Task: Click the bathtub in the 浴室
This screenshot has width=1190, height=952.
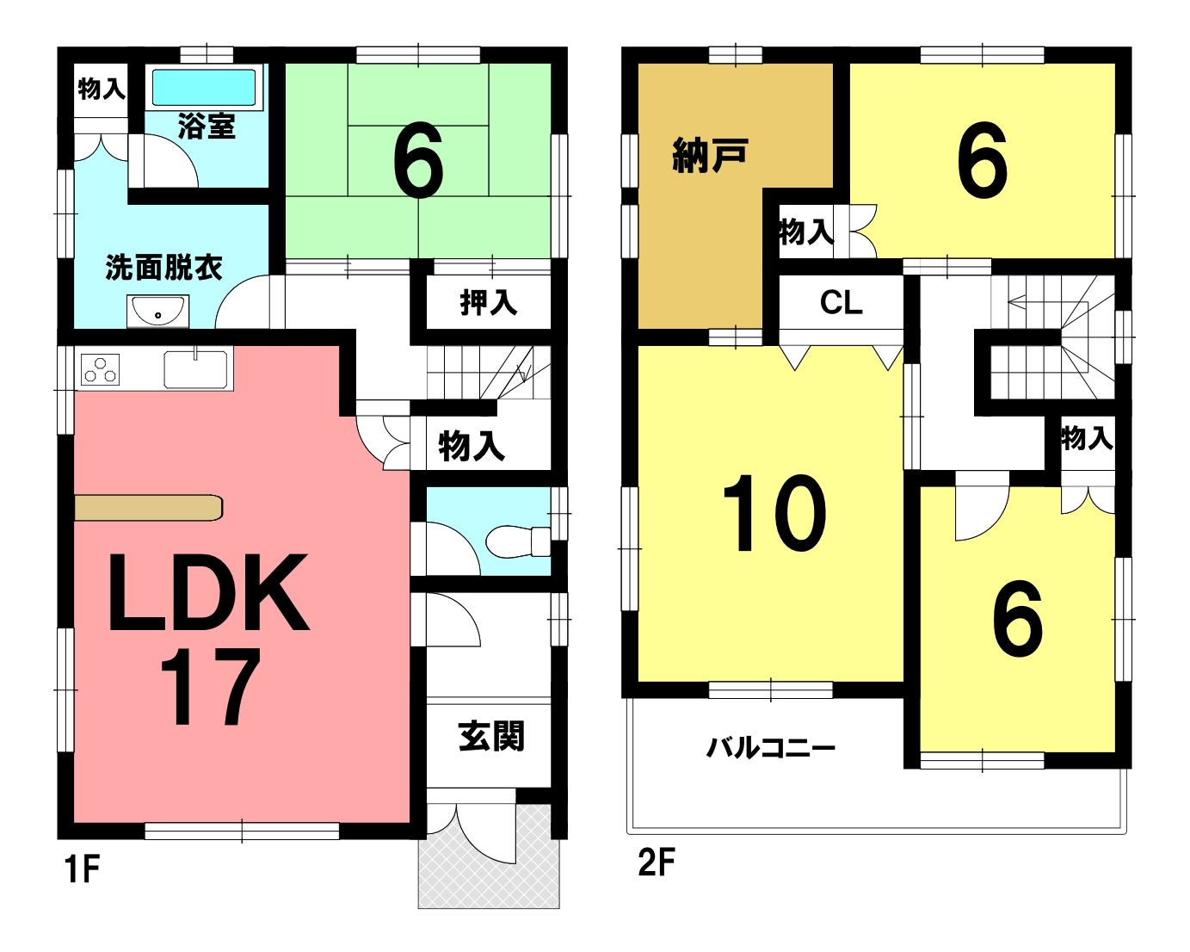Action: click(205, 88)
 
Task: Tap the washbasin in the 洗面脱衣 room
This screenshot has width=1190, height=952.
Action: click(157, 311)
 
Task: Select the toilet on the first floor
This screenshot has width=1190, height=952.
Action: click(518, 541)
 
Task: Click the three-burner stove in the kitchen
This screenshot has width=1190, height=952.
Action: click(101, 368)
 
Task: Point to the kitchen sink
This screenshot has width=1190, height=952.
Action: click(195, 369)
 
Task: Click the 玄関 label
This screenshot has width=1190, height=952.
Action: click(491, 736)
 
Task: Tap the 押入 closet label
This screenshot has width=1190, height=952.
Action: click(489, 302)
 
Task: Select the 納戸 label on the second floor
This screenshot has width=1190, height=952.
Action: click(711, 155)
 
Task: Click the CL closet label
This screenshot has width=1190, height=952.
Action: click(841, 303)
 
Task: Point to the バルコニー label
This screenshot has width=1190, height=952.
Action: click(771, 749)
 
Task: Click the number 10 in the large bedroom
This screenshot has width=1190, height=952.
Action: click(774, 513)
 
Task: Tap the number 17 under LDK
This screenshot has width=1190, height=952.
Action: click(211, 687)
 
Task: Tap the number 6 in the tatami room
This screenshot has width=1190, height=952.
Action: click(418, 160)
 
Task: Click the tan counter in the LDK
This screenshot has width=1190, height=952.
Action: click(148, 507)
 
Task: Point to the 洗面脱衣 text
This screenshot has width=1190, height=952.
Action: click(164, 268)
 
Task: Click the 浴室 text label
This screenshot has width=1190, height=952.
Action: click(207, 127)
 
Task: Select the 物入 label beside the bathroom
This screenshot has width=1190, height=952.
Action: click(102, 89)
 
